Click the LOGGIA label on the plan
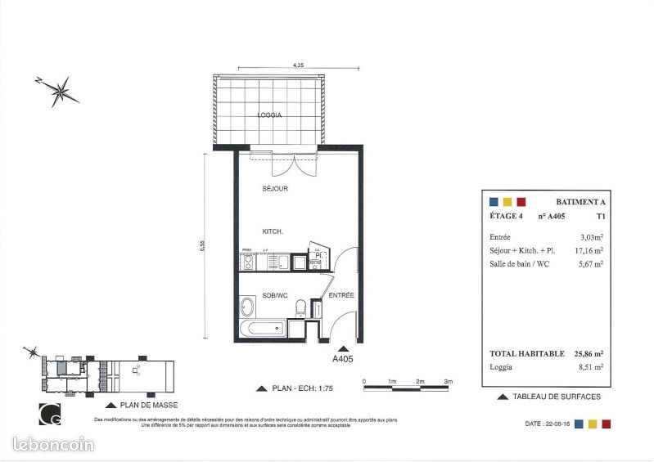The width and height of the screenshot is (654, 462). point(269,115)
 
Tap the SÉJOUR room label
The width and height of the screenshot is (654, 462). point(275,189)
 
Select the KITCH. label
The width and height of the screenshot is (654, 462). point(273,231)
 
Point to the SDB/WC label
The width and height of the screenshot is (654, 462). point(274,295)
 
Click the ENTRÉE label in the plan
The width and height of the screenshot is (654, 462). point(341,294)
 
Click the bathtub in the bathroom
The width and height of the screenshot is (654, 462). point(263,330)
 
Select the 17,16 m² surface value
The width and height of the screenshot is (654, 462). point(588,250)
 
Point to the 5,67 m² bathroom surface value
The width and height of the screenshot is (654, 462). point(590,263)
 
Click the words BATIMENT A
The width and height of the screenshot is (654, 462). point(580,201)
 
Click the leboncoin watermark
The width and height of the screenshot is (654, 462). point(55,444)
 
